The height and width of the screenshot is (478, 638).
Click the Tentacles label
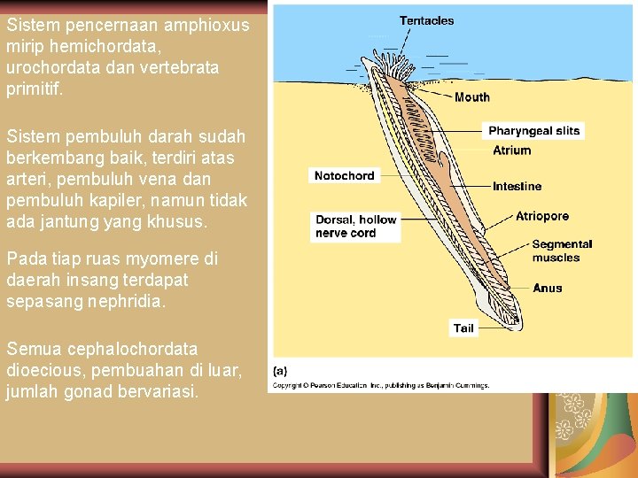[426, 20]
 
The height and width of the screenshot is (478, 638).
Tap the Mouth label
[471, 97]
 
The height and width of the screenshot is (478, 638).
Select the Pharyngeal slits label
[533, 131]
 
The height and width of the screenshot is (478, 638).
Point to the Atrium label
[512, 150]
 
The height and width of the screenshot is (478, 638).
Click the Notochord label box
[344, 176]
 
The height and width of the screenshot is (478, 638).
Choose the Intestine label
[517, 187]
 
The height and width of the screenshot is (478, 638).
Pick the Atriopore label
[542, 216]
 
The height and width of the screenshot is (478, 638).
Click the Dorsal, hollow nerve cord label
[355, 227]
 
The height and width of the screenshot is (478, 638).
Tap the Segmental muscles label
[562, 251]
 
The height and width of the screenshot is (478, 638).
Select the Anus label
[547, 289]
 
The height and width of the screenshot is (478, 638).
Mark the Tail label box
[463, 328]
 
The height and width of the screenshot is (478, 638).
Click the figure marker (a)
[279, 371]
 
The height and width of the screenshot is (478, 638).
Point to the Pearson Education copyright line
[380, 385]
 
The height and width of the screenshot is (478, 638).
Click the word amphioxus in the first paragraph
[187, 25]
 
